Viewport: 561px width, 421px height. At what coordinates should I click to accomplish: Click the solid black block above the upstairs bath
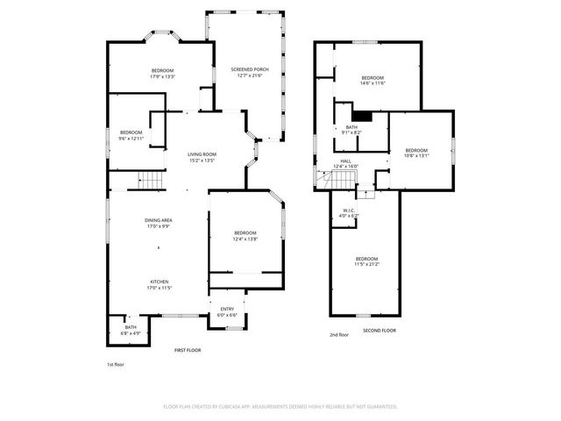(x=361, y=114)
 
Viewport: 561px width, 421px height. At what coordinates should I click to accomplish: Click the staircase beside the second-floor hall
(x=337, y=181)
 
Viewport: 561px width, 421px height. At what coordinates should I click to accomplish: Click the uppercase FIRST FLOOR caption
(x=187, y=350)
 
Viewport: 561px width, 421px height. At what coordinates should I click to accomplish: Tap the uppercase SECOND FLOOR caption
(x=380, y=331)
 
